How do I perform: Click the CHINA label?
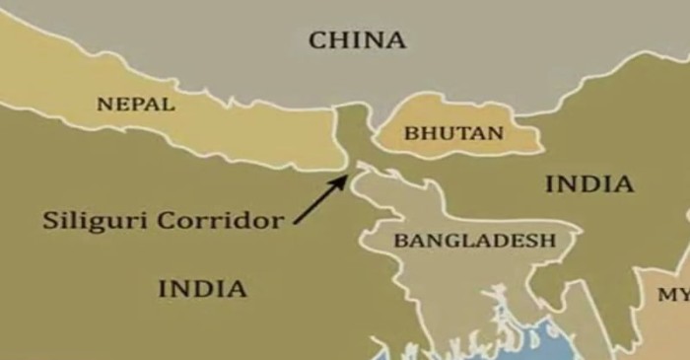point(357,40)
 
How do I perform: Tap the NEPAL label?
point(136,104)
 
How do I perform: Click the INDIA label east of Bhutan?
point(588,183)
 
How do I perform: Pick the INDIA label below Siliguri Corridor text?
point(202,289)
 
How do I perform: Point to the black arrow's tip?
point(347,176)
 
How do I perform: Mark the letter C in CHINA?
point(318,40)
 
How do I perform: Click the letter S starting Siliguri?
point(49,220)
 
